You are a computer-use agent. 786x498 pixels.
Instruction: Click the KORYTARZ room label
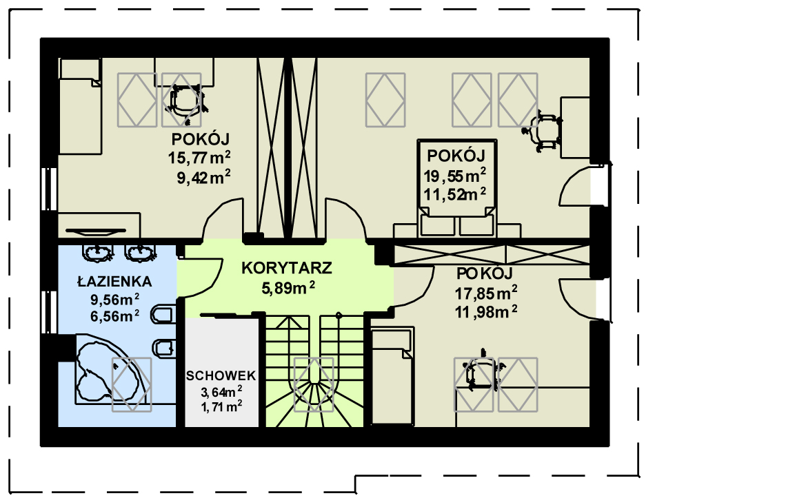coord(286,268)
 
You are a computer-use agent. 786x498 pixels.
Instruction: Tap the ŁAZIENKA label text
coord(114,281)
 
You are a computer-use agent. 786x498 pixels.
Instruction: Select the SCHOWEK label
coord(221,376)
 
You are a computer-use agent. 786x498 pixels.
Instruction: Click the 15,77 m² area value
coord(199,158)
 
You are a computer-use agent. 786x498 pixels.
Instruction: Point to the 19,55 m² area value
coord(454,176)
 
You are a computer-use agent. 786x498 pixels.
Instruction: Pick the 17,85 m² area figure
coord(486,293)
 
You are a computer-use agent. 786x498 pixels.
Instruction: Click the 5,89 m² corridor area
coord(288,288)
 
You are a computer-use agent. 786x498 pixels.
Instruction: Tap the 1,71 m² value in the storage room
coord(221,406)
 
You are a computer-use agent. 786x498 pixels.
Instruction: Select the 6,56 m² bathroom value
coord(114,316)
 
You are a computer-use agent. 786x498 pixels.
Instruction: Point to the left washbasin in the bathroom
coord(97,253)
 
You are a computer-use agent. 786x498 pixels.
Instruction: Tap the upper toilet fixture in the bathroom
coord(163,315)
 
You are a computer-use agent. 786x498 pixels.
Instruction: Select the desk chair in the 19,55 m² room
coord(543,132)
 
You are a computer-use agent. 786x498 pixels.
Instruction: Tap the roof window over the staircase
coord(314,385)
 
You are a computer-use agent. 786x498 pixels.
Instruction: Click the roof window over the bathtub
coord(131,385)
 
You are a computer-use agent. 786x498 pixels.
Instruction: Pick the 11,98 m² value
coord(486,312)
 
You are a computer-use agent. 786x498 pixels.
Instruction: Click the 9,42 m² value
coord(203,177)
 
